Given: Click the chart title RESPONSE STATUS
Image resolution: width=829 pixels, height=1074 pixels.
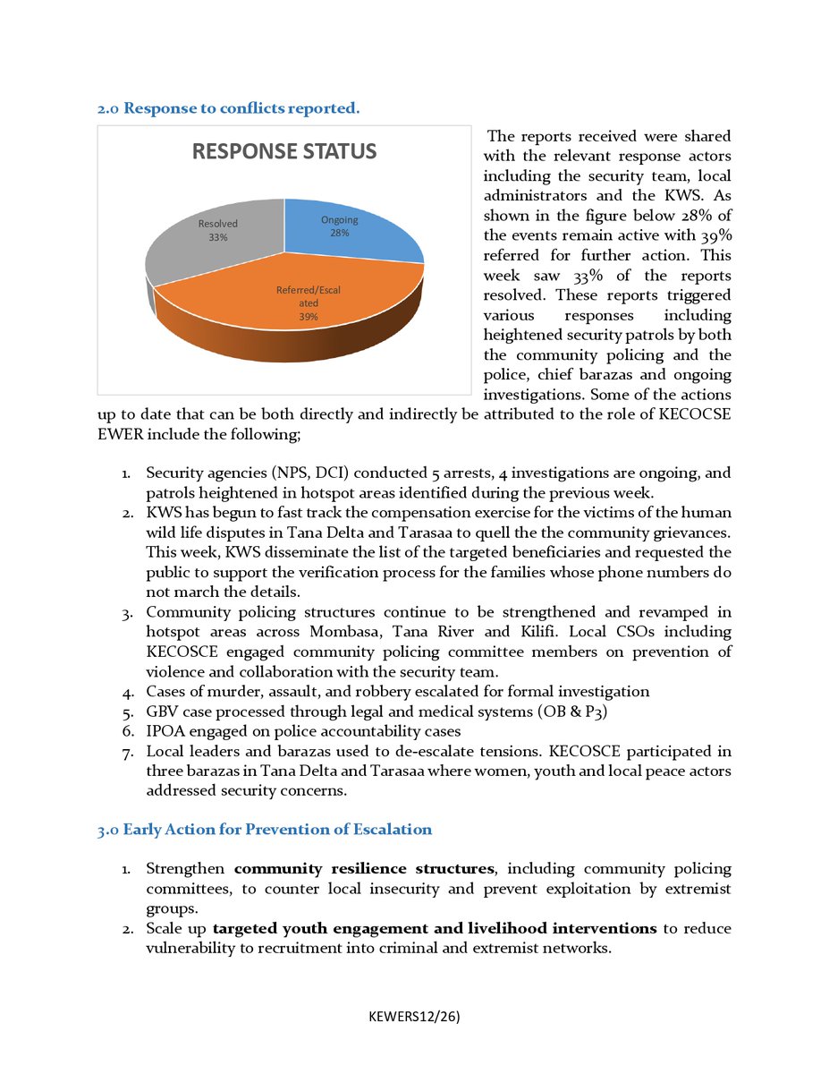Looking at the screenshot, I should (x=284, y=151).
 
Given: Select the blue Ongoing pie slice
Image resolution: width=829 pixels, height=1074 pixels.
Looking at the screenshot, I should (x=358, y=234).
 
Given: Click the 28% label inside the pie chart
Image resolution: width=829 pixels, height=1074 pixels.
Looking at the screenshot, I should (x=339, y=233).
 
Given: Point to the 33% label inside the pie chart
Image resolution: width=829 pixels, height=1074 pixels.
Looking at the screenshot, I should (x=217, y=238).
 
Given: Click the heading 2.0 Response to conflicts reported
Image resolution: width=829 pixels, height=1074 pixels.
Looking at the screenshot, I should (x=229, y=109).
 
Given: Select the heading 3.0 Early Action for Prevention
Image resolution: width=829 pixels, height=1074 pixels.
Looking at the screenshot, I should (x=265, y=830).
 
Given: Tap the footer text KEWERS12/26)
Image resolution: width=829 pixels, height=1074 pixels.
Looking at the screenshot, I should (x=414, y=1018).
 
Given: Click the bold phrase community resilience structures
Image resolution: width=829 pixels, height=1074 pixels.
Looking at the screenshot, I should (x=364, y=869).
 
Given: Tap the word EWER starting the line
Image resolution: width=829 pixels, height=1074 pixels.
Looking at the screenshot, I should (x=118, y=434).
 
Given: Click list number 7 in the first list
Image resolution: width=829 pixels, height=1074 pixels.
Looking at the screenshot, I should (x=127, y=750).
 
